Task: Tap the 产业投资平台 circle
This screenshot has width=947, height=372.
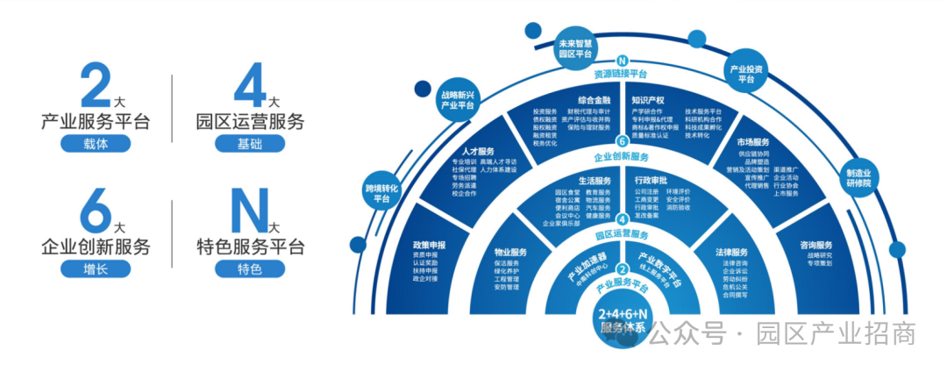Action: [746, 73]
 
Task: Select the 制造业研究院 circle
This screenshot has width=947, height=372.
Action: [858, 178]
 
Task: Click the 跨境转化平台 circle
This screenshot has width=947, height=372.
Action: [381, 193]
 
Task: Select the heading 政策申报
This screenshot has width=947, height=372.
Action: [430, 245]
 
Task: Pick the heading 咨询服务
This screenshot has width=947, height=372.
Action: [815, 245]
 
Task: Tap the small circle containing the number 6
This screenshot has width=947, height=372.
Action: [622, 141]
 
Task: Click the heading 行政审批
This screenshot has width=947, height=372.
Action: [653, 180]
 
